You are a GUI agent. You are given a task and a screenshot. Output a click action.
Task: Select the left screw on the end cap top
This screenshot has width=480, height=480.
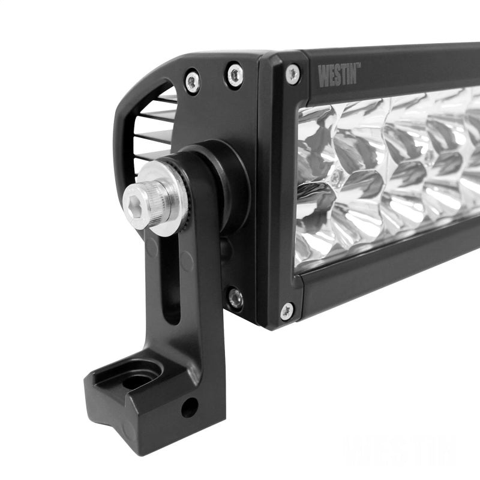(193, 80)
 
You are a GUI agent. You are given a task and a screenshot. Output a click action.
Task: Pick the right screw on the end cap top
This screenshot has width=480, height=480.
(234, 74)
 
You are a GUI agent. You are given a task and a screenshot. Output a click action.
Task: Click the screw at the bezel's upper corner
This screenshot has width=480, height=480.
(293, 73)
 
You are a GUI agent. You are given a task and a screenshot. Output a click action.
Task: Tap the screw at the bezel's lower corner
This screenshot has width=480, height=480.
(287, 311)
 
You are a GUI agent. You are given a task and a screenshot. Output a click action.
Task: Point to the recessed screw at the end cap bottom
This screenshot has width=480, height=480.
(235, 296)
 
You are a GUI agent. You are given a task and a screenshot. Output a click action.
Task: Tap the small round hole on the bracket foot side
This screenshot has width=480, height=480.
(189, 408)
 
